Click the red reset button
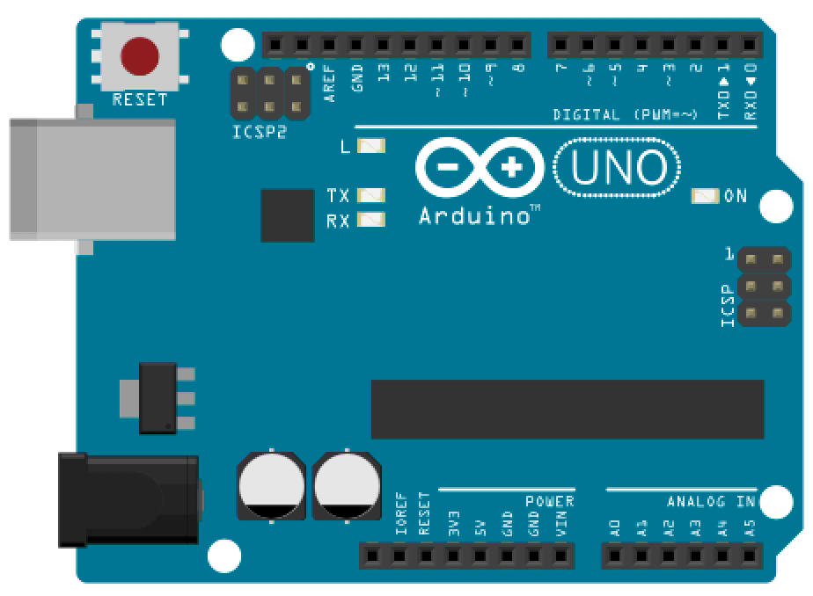pyautogui.click(x=140, y=57)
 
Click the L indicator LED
pyautogui.click(x=372, y=146)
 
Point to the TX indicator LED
pyautogui.click(x=371, y=195)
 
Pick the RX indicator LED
pyautogui.click(x=371, y=220)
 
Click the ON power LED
pyautogui.click(x=706, y=195)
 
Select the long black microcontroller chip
pyautogui.click(x=567, y=409)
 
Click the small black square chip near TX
pyautogui.click(x=288, y=215)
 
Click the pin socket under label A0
pyautogui.click(x=614, y=556)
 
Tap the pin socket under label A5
pyautogui.click(x=749, y=556)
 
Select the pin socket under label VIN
pyautogui.click(x=561, y=556)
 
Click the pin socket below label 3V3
pyautogui.click(x=453, y=556)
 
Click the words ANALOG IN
pyautogui.click(x=711, y=501)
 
